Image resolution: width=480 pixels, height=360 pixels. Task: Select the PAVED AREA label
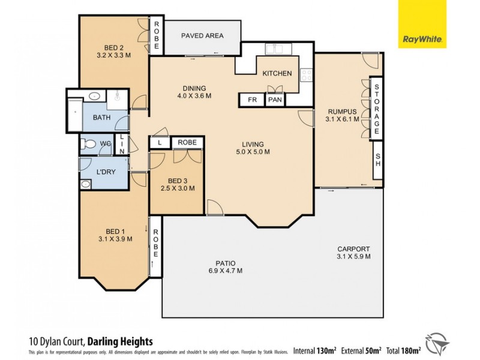(202, 36)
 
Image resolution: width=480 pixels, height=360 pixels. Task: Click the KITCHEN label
(277, 74)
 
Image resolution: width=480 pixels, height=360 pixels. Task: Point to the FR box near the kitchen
(253, 100)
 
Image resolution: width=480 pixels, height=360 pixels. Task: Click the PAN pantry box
(275, 100)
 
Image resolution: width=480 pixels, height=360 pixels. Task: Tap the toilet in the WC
(89, 144)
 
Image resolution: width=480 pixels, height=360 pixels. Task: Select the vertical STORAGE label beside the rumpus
(377, 109)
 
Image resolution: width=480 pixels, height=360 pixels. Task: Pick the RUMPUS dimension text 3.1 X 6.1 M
(342, 119)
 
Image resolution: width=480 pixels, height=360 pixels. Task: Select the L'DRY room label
(106, 172)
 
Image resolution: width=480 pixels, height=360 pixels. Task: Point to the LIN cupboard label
(122, 144)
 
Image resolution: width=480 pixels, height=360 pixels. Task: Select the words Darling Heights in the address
(120, 341)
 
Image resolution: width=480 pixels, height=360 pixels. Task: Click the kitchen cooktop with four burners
(307, 75)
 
